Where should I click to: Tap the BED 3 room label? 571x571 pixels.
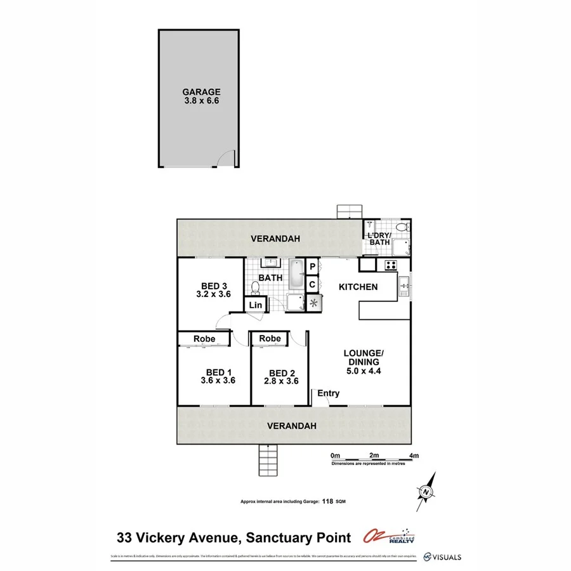click(x=214, y=285)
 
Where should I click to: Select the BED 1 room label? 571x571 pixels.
click(x=218, y=372)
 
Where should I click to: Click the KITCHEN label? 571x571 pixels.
click(x=358, y=287)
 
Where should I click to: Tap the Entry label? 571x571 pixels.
click(x=329, y=393)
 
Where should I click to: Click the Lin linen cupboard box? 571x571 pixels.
click(x=256, y=305)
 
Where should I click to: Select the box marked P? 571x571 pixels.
click(x=313, y=266)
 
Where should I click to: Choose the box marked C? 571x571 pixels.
click(x=313, y=285)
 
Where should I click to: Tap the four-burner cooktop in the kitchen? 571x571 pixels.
click(x=391, y=265)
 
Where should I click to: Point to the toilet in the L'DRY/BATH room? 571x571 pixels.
click(x=401, y=228)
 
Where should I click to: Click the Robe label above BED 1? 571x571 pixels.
click(x=204, y=339)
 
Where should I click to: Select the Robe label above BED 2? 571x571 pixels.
click(x=270, y=339)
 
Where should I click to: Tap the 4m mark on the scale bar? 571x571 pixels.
click(x=414, y=456)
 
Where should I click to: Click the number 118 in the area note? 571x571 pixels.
click(x=328, y=501)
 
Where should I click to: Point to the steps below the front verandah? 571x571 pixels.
click(x=268, y=460)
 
